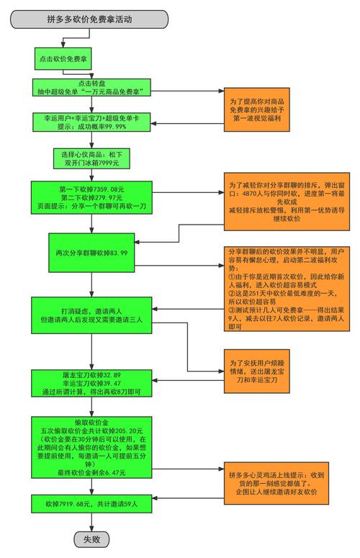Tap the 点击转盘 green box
(x=90, y=87)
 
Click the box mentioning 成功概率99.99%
(x=90, y=121)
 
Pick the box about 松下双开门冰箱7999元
(x=91, y=158)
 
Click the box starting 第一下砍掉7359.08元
(x=91, y=198)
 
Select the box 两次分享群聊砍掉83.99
(x=91, y=253)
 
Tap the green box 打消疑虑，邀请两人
(x=91, y=313)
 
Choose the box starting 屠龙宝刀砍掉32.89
(x=91, y=384)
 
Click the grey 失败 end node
(x=91, y=539)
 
